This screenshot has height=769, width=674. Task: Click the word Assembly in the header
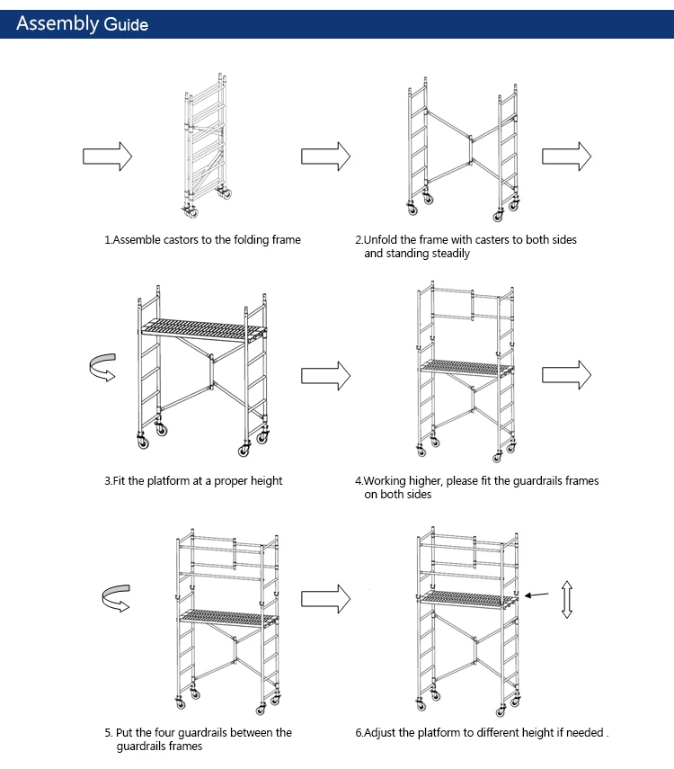[57, 23]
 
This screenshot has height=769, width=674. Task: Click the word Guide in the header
[126, 25]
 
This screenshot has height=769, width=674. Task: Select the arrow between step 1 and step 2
[325, 156]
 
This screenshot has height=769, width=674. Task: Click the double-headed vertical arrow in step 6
[566, 599]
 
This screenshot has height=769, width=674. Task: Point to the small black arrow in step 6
[537, 595]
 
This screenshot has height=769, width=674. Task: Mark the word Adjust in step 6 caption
[382, 733]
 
